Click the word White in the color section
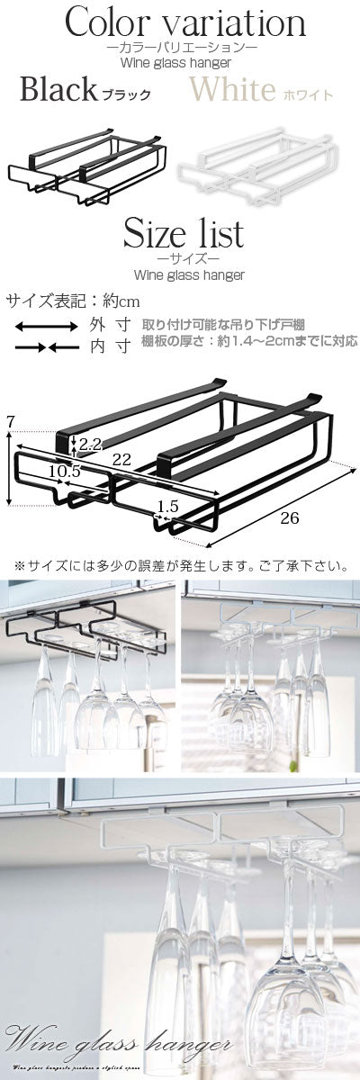[232, 90]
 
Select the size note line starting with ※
[180, 566]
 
